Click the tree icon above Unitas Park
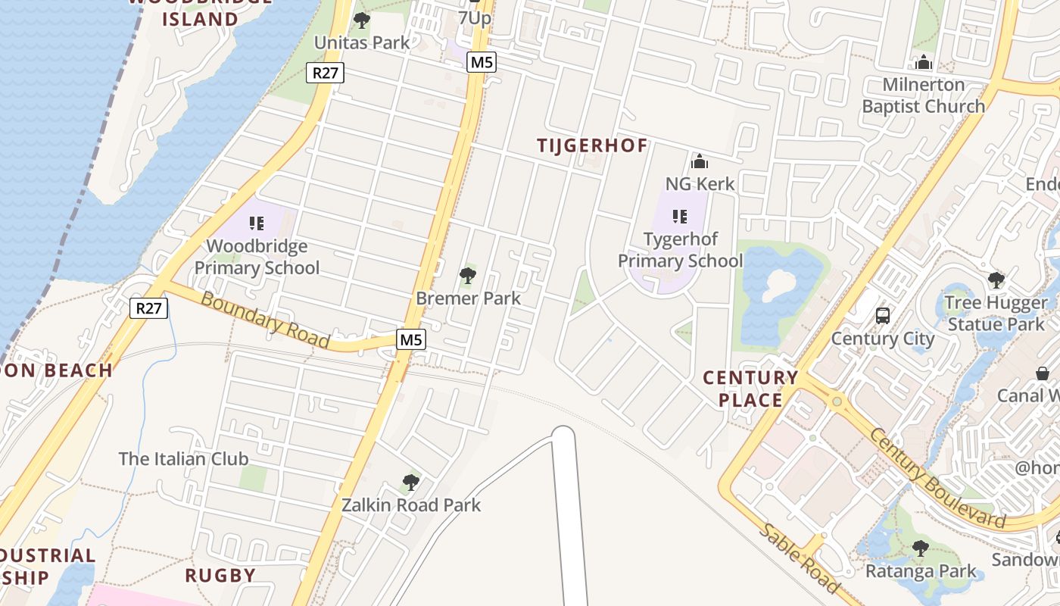[362, 20]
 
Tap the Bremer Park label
[468, 298]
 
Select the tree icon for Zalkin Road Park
[410, 482]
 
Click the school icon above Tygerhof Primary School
[680, 217]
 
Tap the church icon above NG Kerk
[700, 161]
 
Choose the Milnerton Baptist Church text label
[924, 95]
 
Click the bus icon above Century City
[883, 315]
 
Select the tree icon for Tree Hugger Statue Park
[996, 280]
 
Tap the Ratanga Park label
[921, 570]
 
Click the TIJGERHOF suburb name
[592, 145]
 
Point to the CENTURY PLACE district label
[750, 389]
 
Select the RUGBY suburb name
[220, 575]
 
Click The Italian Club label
[183, 458]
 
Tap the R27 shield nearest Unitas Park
[326, 73]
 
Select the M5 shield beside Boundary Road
[410, 339]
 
